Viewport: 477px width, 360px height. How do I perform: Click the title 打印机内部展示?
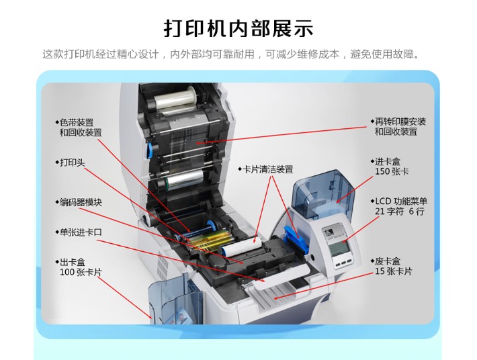tap(238, 29)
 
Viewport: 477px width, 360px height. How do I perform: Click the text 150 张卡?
tap(392, 171)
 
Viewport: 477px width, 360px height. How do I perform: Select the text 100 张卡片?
tap(81, 272)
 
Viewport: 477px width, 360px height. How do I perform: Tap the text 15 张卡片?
tap(393, 271)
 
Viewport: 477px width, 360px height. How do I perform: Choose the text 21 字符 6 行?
tap(400, 211)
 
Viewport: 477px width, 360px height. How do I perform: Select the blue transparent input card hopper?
tap(323, 195)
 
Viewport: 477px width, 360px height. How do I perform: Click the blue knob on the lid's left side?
tap(150, 150)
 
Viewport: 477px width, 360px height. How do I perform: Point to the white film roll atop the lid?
tap(174, 98)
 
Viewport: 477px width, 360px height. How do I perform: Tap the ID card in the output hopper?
tap(183, 317)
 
